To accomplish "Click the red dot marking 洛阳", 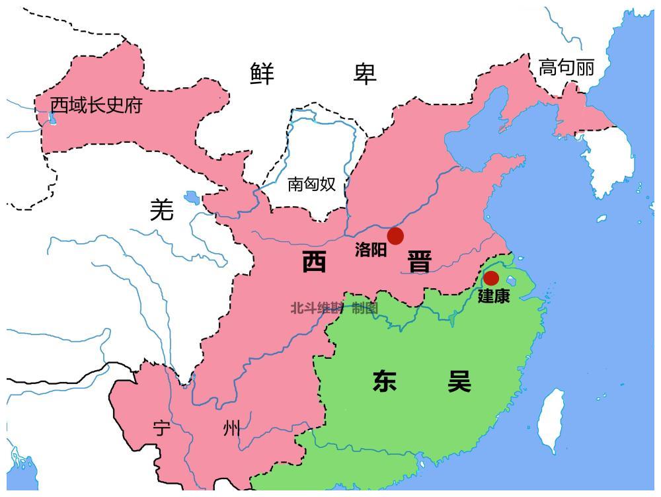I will (x=395, y=236).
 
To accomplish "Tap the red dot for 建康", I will (x=490, y=278).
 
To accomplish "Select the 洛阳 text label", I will (x=370, y=250).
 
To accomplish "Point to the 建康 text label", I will (x=494, y=296).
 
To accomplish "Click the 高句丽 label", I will (x=566, y=67).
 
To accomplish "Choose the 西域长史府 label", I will (x=97, y=105).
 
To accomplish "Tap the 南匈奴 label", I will (x=312, y=184).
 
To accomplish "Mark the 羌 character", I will (x=162, y=210).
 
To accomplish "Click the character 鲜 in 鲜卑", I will (x=262, y=73).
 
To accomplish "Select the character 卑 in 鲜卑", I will (x=364, y=73).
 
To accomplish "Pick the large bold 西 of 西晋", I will (x=314, y=262).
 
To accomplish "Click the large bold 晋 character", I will (x=419, y=262).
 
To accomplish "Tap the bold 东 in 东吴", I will (x=384, y=381).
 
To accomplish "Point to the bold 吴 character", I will (x=459, y=381).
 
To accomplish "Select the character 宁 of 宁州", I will (x=162, y=429).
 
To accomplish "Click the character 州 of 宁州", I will (x=231, y=429).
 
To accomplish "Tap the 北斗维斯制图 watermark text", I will (x=334, y=308).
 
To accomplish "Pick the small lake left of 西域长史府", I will (x=52, y=119).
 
